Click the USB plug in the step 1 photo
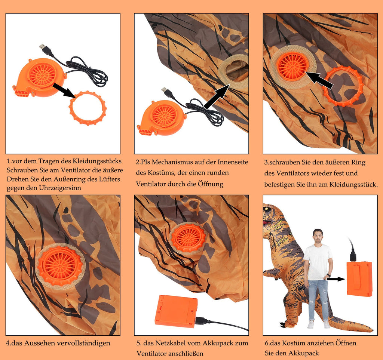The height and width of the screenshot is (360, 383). coord(45,49)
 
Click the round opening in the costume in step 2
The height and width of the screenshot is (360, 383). coord(235,71)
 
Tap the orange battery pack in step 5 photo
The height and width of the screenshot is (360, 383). coord(176,311)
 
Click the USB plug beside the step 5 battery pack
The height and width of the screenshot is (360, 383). coord(202,320)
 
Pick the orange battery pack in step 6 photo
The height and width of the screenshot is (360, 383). coord(359,279)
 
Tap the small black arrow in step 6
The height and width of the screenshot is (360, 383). coord(335,279)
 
